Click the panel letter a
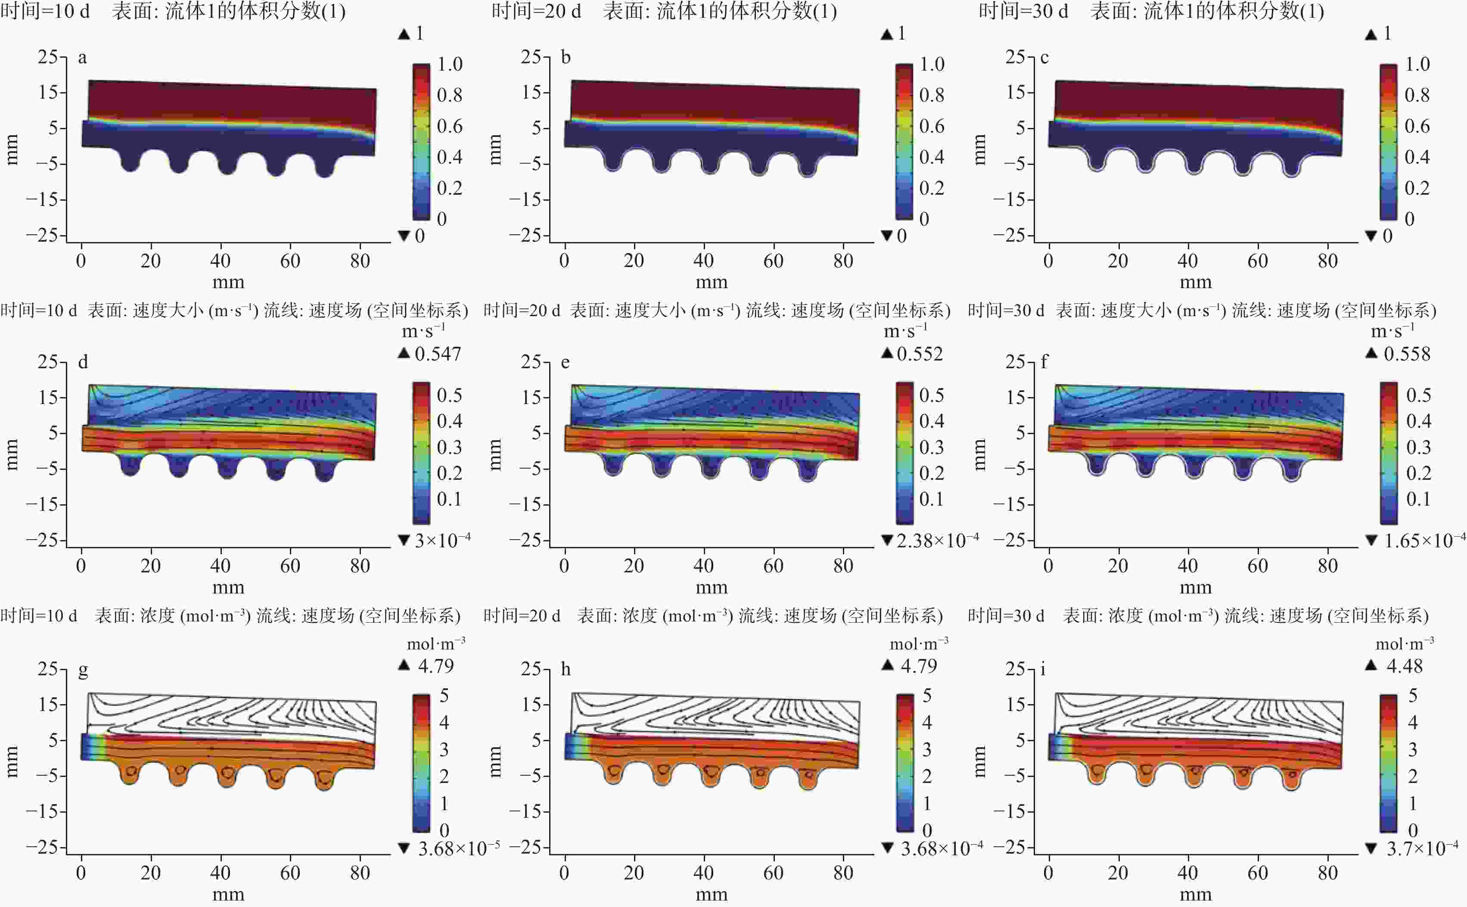[82, 58]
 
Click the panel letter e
[565, 362]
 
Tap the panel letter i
[1044, 669]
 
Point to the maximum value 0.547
[438, 354]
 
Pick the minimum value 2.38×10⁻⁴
[937, 540]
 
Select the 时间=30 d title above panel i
[1006, 616]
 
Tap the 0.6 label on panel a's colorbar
[449, 126]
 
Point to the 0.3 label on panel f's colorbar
[1418, 447]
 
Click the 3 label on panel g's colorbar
[444, 749]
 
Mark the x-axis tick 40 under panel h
[703, 873]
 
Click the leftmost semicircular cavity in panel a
[130, 161]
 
